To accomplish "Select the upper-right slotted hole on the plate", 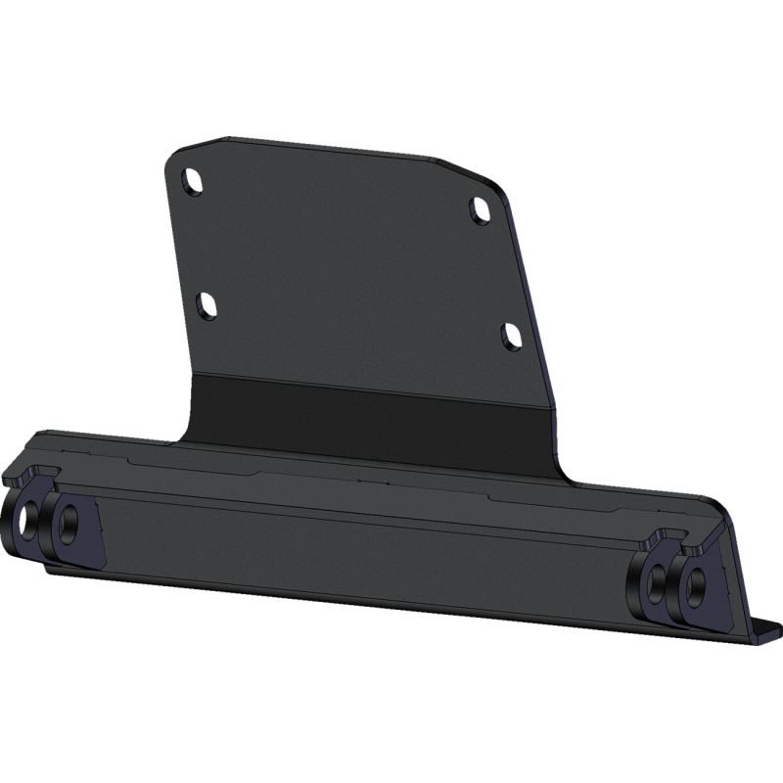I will [479, 209].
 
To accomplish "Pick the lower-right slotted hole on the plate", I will [509, 336].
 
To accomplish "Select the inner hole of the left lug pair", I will [68, 522].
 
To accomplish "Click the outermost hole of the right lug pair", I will [697, 586].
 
